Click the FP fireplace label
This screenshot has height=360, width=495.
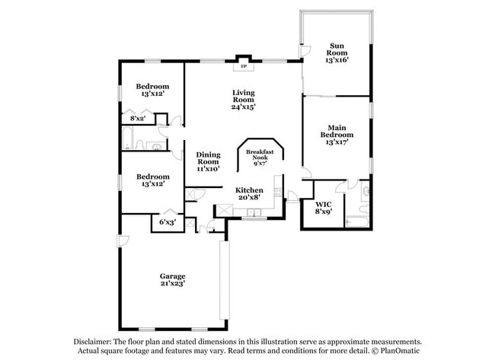[244, 66]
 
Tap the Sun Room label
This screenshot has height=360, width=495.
[337, 49]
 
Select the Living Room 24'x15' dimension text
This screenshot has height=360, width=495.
[243, 107]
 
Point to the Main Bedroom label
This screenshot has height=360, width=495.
[337, 131]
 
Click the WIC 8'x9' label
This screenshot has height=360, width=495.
[324, 209]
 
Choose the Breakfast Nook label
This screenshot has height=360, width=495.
[260, 155]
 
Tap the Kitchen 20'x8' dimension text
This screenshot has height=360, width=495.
[249, 198]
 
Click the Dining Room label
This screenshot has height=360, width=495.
[208, 158]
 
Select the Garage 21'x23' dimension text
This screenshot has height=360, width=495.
[172, 283]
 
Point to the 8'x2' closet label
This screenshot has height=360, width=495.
[138, 119]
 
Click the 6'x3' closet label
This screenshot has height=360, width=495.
[168, 222]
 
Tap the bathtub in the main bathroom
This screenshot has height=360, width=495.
[356, 221]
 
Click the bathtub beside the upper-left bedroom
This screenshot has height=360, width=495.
[128, 138]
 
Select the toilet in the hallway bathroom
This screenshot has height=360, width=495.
[140, 145]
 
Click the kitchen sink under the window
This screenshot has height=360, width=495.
[254, 212]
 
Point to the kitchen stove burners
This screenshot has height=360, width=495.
[278, 192]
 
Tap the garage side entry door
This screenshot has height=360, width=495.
[123, 241]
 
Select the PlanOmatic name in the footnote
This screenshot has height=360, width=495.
[400, 351]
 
